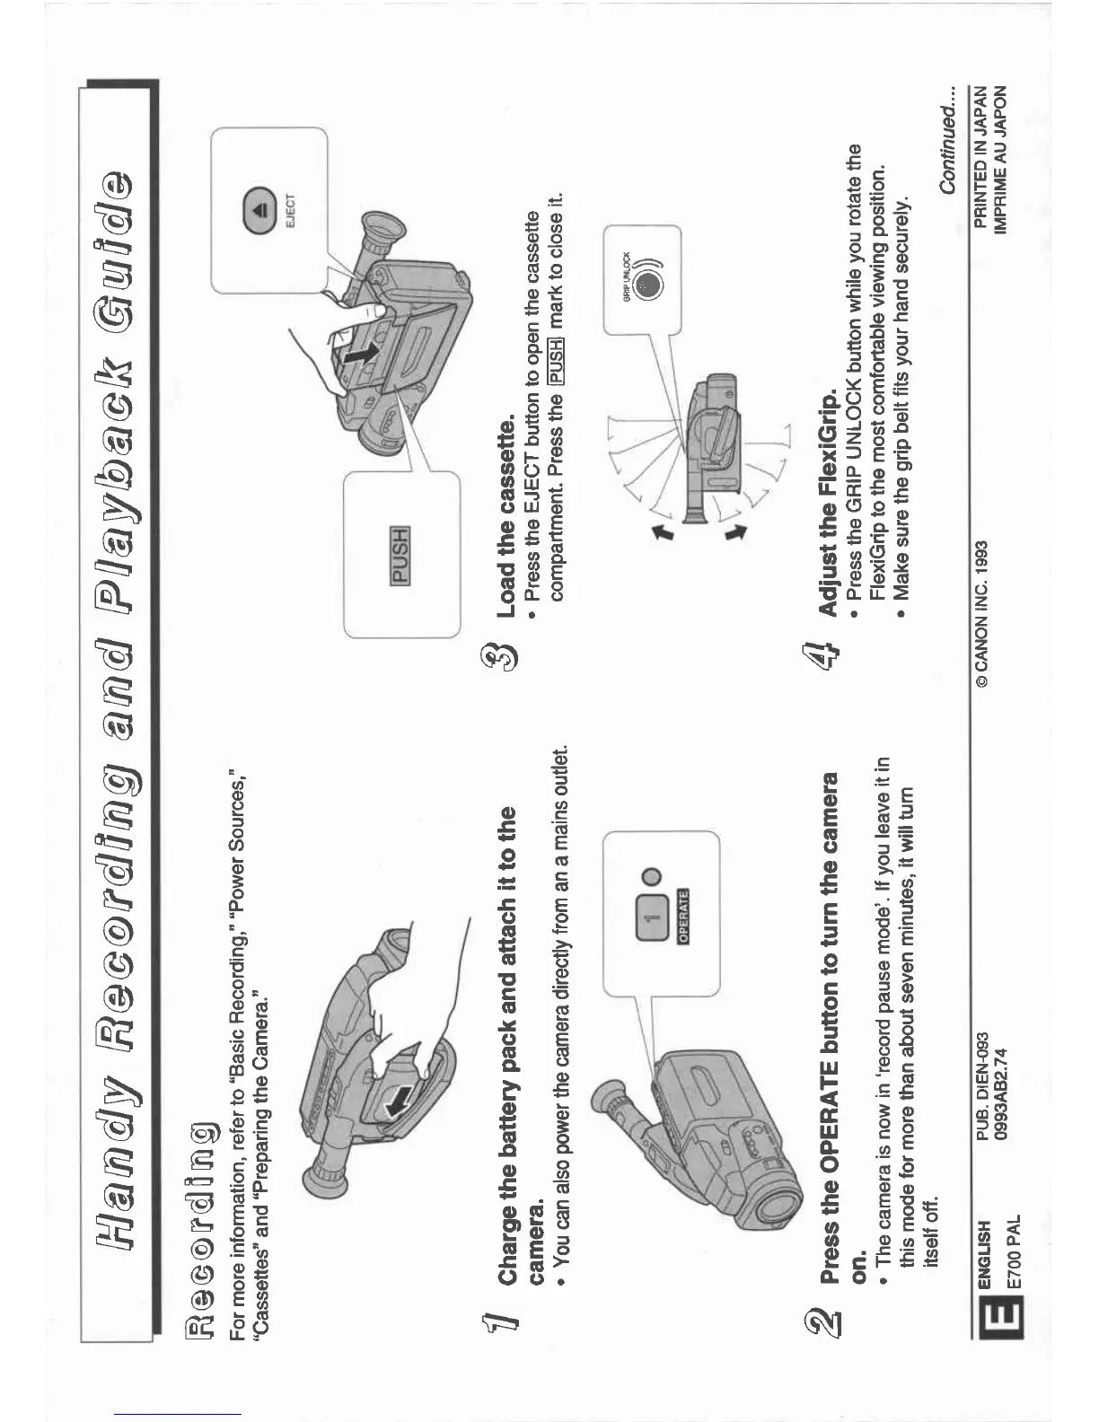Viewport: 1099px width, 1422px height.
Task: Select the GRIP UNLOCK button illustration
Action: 648,285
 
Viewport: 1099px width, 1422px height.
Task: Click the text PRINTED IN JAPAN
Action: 981,157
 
